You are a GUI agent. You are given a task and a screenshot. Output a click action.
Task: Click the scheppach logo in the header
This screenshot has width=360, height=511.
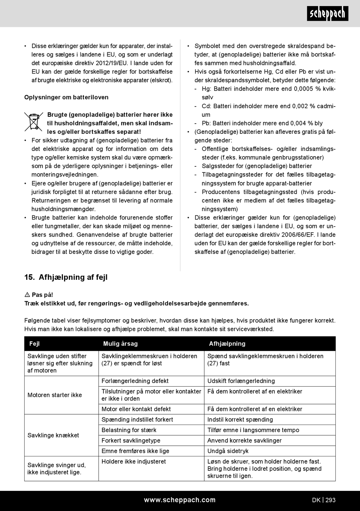[327, 14]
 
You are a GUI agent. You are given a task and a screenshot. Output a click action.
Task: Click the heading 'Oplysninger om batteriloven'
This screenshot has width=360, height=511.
[66, 97]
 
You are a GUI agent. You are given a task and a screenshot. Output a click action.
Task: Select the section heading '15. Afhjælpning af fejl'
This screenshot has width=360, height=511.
[66, 277]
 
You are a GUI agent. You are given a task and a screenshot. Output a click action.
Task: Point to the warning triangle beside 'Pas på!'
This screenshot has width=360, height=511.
[27, 295]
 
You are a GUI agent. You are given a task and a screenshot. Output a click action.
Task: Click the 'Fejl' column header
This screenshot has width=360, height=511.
[34, 344]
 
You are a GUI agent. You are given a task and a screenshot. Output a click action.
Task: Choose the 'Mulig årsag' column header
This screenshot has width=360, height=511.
[121, 344]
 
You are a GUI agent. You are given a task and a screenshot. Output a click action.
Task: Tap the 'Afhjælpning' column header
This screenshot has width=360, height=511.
[227, 344]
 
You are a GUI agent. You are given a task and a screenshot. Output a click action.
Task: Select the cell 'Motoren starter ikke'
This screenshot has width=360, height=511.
[55, 395]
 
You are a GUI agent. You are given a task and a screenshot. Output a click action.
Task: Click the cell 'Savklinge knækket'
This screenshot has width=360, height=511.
[53, 435]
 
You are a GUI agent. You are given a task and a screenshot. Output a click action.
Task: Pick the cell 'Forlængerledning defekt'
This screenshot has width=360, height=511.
[135, 381]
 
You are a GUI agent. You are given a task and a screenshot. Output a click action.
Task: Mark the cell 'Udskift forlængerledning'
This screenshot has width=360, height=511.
[241, 381]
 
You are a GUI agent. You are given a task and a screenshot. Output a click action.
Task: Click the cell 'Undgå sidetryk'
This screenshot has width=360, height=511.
[228, 451]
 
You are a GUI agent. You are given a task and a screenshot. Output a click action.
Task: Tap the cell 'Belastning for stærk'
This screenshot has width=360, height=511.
[129, 430]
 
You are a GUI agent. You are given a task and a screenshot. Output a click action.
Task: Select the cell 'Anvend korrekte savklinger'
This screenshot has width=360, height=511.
[244, 440]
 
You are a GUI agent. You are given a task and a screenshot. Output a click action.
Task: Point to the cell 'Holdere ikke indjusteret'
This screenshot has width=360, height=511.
[134, 462]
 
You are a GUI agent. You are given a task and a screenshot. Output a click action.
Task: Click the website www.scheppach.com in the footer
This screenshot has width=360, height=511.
[180, 500]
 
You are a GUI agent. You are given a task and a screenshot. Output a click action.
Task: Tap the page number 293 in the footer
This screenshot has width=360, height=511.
[330, 500]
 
